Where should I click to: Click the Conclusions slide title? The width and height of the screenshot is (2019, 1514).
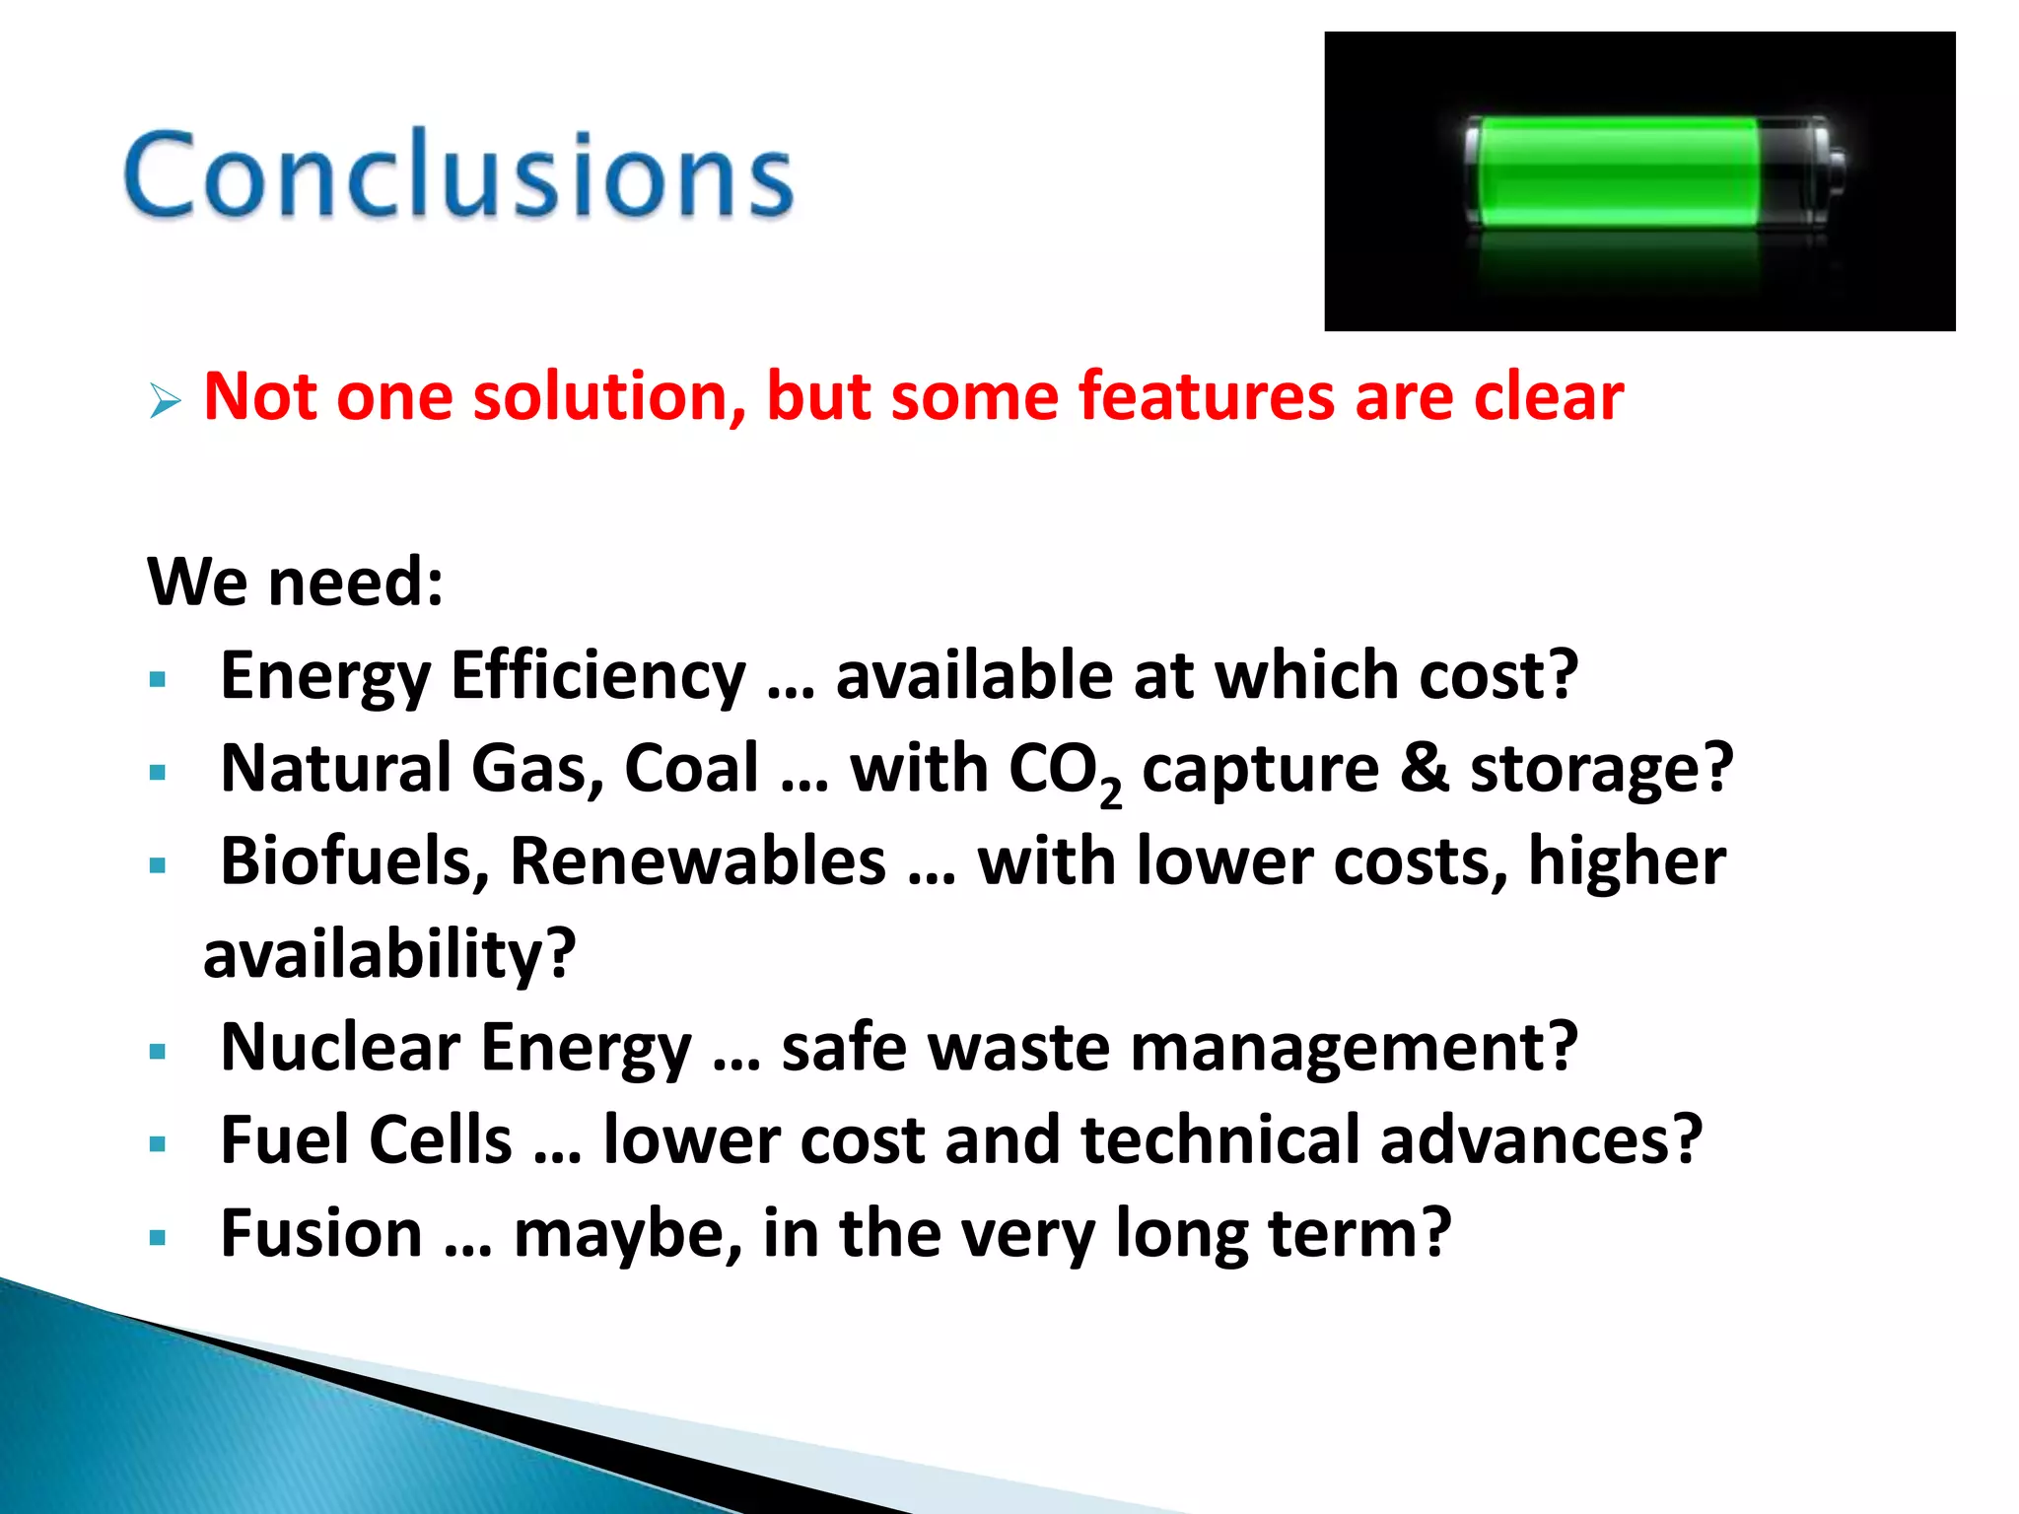(x=458, y=175)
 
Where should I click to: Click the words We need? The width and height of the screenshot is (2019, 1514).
(x=296, y=582)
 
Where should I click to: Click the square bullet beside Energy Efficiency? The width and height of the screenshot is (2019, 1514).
(x=158, y=679)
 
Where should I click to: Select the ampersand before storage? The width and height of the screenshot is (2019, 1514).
(x=1425, y=769)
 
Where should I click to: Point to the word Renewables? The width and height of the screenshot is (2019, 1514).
(x=698, y=861)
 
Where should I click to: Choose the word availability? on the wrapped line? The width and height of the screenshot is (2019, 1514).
(x=389, y=954)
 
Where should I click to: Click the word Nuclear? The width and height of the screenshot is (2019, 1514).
(x=340, y=1047)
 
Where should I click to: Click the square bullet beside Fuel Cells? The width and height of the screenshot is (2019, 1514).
(x=158, y=1144)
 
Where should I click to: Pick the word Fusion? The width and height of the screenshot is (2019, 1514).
(x=321, y=1233)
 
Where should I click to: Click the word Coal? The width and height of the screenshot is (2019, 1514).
(x=692, y=769)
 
